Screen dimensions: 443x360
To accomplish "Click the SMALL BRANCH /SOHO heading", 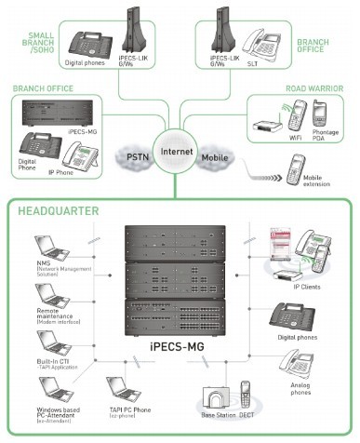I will [36, 43].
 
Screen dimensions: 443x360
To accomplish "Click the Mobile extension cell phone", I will [296, 168].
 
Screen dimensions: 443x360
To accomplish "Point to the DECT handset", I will [247, 396].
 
